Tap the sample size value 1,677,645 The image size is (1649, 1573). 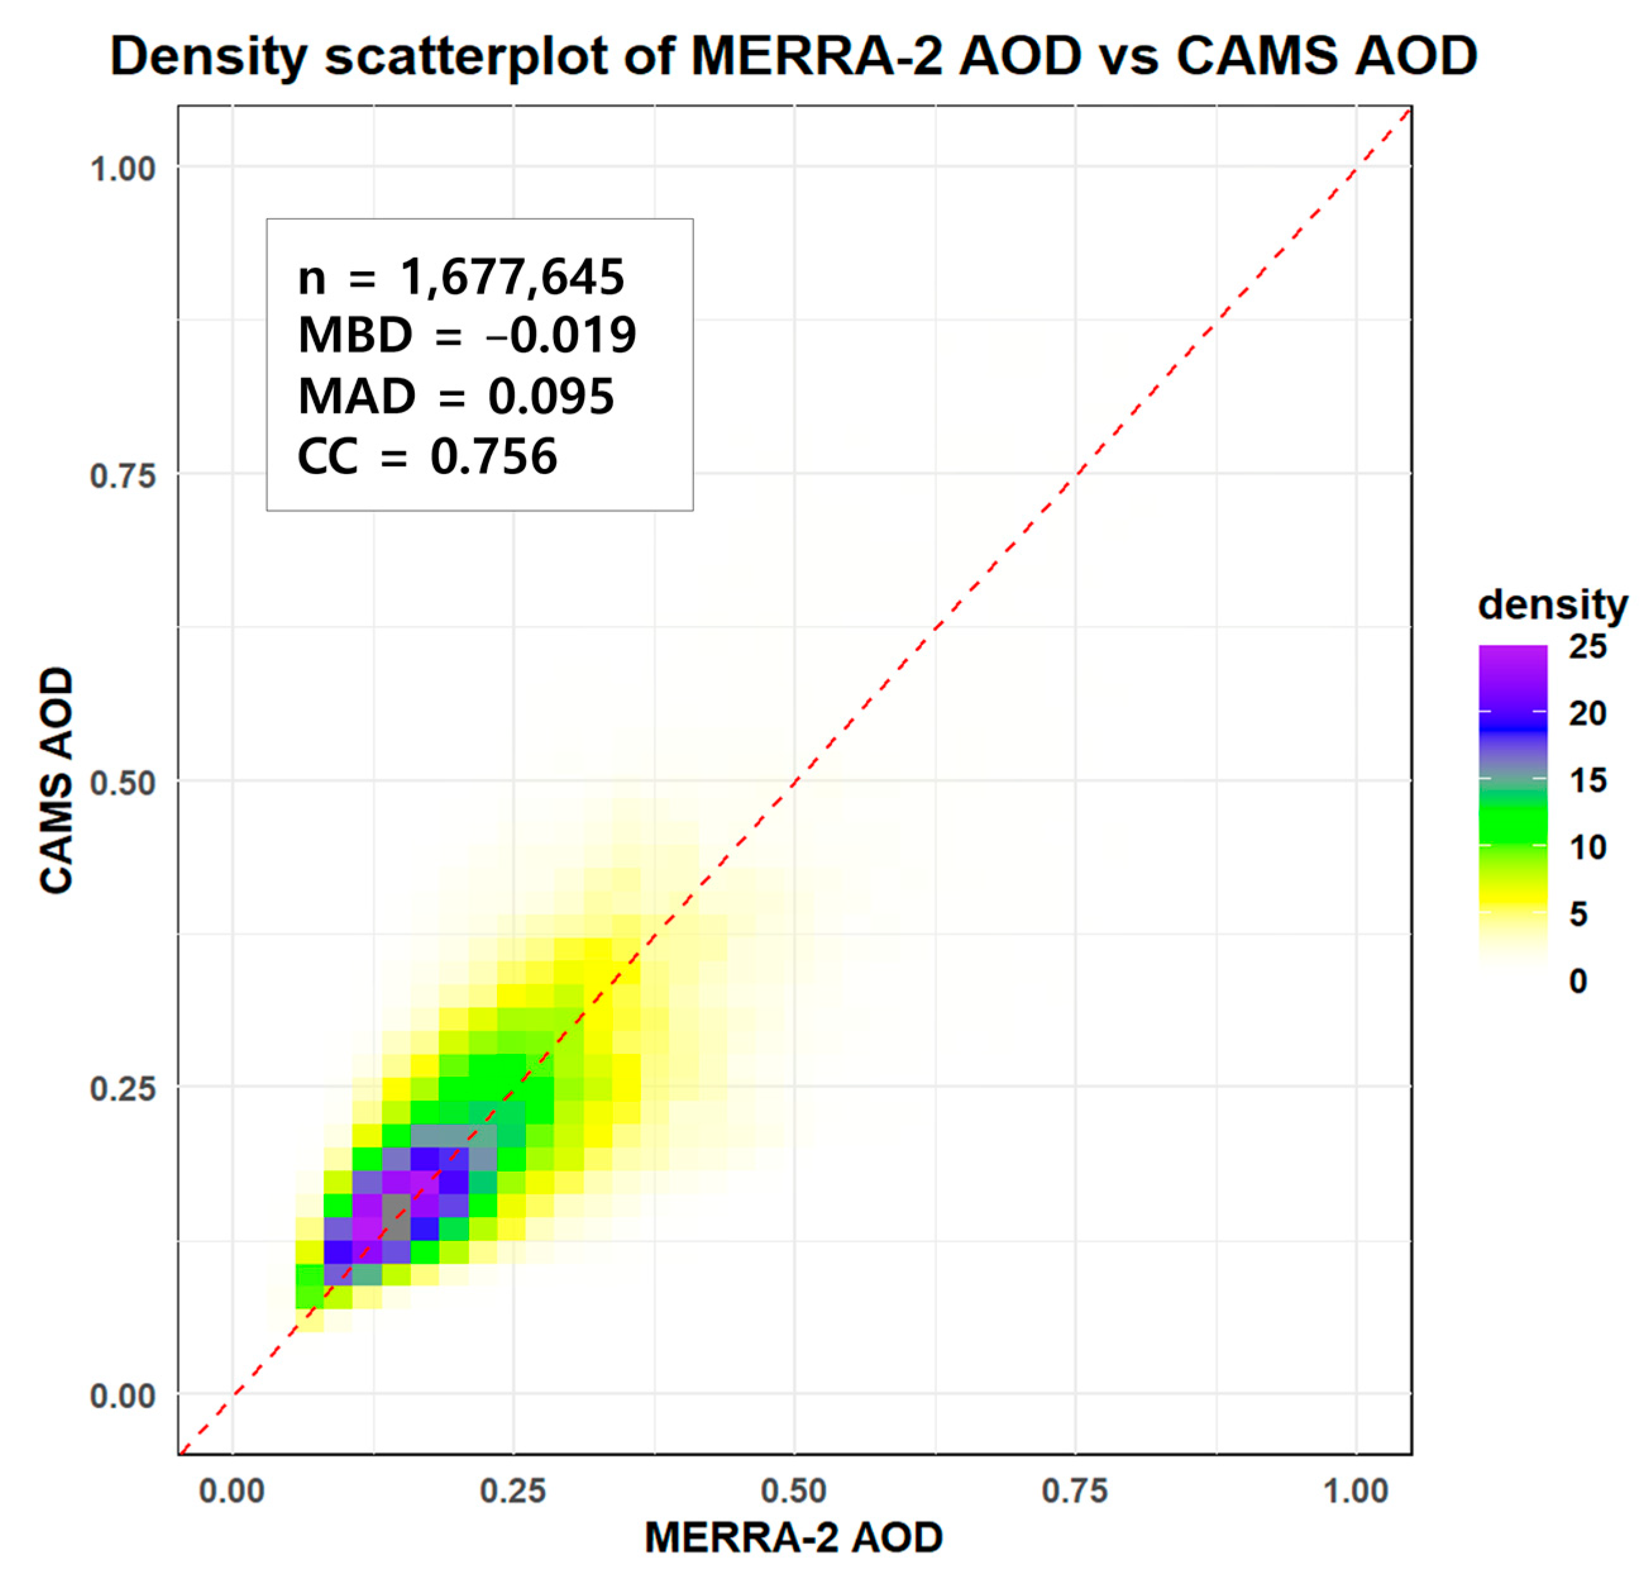[512, 277]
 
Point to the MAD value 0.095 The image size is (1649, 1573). [551, 396]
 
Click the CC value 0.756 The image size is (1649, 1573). [493, 456]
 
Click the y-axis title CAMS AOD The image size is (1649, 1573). [57, 780]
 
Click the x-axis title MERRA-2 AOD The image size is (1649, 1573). [793, 1537]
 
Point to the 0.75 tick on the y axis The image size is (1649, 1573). [123, 475]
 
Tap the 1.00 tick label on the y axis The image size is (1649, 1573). [123, 169]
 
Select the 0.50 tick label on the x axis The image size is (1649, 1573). [793, 1491]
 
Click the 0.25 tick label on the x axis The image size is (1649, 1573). [512, 1491]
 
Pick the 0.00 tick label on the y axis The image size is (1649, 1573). [123, 1396]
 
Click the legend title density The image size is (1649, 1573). [1552, 604]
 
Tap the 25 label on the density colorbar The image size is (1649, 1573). [1587, 647]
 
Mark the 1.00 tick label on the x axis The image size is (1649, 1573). [1356, 1491]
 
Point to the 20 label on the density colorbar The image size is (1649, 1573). [1587, 714]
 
